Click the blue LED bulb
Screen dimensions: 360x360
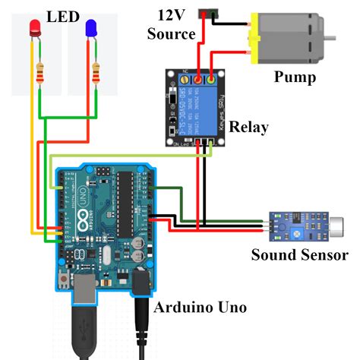coord(92,29)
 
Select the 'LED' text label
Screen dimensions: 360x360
coord(63,15)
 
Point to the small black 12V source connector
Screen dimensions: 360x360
coord(205,13)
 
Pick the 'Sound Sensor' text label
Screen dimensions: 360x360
coord(299,255)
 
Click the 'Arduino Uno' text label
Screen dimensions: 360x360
coord(199,307)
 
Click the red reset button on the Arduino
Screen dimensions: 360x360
coord(62,283)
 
